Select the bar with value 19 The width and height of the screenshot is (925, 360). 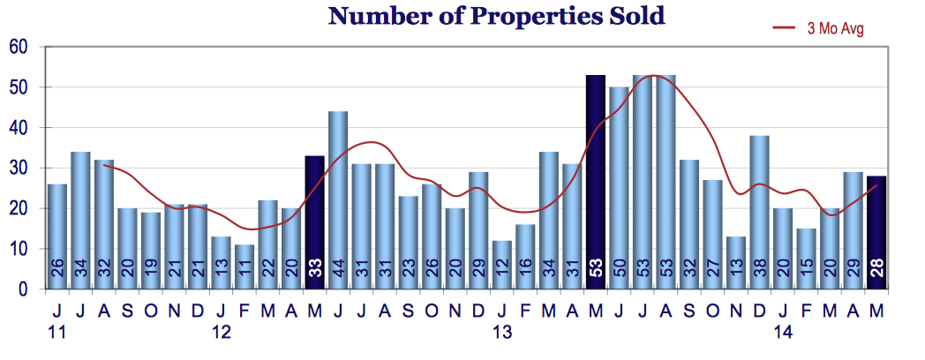(150, 251)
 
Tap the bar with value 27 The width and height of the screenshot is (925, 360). (712, 235)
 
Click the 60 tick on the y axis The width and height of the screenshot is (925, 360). (19, 48)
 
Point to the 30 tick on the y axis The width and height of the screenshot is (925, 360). (19, 169)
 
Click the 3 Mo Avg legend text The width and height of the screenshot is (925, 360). (834, 28)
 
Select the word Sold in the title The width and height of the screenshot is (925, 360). (635, 15)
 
